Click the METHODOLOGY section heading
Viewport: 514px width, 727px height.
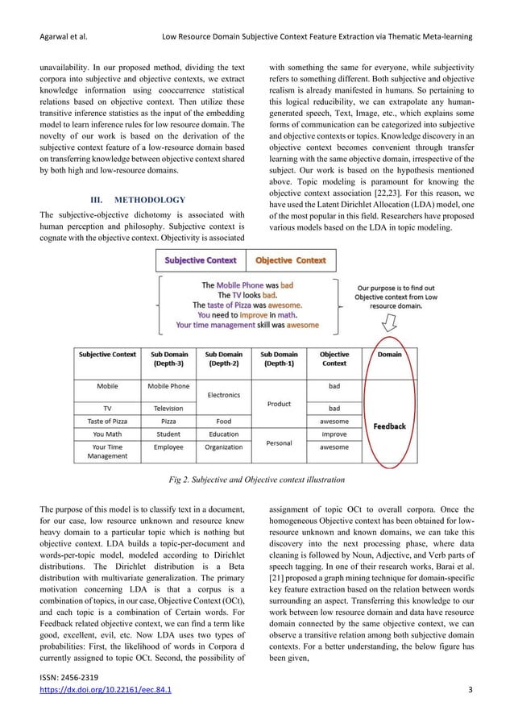click(139, 199)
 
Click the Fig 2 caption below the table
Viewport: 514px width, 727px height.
click(255, 480)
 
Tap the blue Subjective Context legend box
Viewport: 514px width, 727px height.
click(201, 260)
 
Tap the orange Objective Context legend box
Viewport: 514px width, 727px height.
click(291, 260)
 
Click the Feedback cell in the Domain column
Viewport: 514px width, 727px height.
click(389, 426)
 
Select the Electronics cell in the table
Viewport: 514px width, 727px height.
click(223, 395)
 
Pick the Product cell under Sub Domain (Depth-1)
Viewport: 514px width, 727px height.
click(279, 404)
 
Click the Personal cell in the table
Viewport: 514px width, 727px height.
click(279, 442)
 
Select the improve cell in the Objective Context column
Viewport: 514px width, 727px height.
click(334, 434)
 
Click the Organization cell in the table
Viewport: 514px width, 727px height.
click(223, 447)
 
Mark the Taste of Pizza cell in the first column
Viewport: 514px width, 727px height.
click(107, 421)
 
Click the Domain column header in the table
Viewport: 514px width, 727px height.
click(389, 354)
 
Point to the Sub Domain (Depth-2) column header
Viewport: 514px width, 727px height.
click(223, 359)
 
